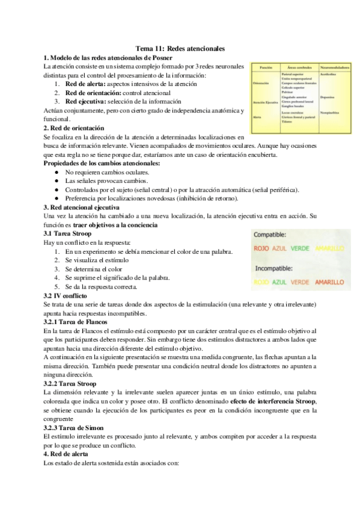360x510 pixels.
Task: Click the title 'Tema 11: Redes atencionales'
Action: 180,48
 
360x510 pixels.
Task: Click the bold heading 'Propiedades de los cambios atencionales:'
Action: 102,163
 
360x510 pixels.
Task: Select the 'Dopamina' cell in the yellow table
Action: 328,96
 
